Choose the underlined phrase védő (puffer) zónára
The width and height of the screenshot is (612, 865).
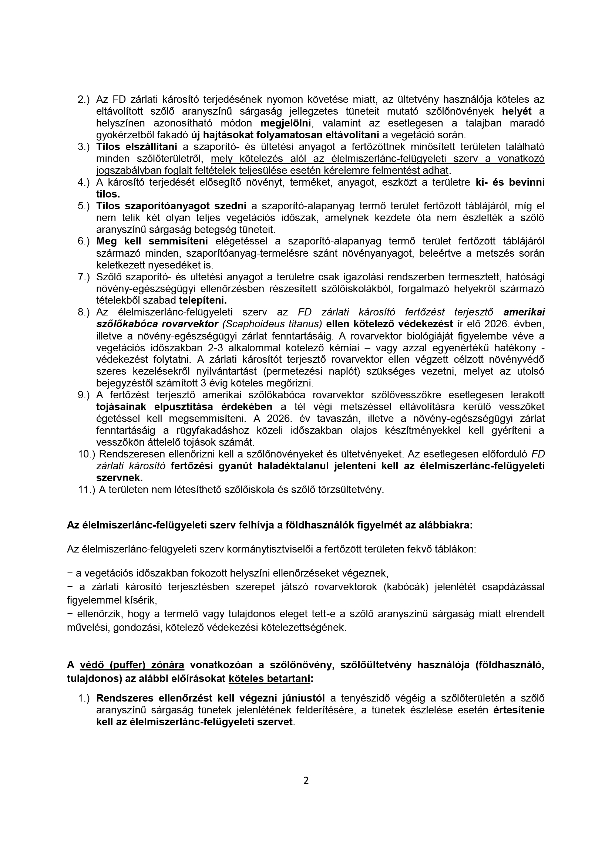pyautogui.click(x=132, y=665)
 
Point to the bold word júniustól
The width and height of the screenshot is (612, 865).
pyautogui.click(x=303, y=698)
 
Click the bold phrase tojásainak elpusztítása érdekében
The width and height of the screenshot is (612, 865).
pyautogui.click(x=184, y=407)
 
